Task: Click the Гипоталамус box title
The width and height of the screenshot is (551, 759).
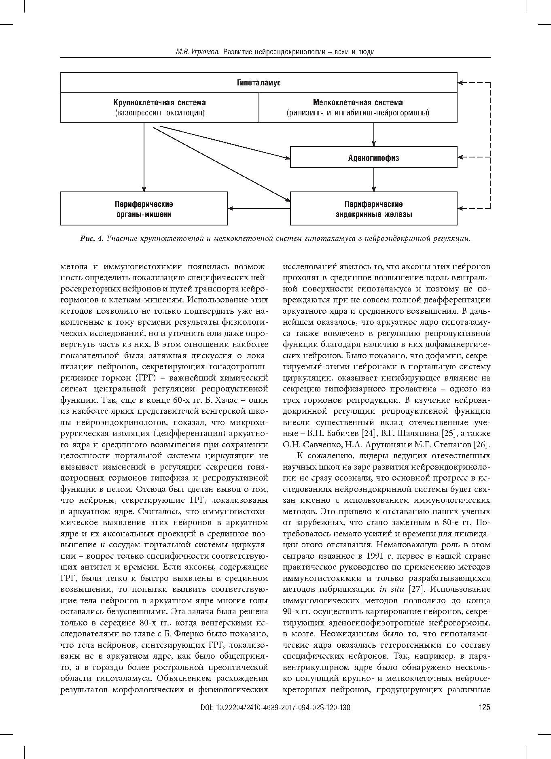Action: pyautogui.click(x=259, y=83)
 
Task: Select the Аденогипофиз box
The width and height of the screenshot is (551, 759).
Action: pyautogui.click(x=373, y=157)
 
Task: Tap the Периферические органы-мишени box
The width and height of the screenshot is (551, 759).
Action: pyautogui.click(x=144, y=209)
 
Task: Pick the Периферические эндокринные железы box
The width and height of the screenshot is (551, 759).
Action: pyautogui.click(x=373, y=209)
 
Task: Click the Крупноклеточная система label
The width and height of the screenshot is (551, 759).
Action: pyautogui.click(x=159, y=103)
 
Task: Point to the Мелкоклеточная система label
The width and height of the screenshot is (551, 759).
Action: pyautogui.click(x=358, y=103)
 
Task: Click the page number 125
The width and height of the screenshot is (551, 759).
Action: pyautogui.click(x=484, y=719)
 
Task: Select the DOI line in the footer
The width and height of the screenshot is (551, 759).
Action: pyautogui.click(x=275, y=719)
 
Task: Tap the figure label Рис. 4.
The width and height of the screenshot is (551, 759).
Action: pyautogui.click(x=92, y=238)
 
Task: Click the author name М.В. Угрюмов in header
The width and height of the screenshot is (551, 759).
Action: pyautogui.click(x=197, y=52)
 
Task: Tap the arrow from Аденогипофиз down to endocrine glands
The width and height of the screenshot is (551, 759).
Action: pyautogui.click(x=373, y=180)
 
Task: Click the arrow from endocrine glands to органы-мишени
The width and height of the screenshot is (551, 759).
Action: pyautogui.click(x=259, y=209)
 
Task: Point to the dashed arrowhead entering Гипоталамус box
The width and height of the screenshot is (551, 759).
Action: pyautogui.click(x=461, y=83)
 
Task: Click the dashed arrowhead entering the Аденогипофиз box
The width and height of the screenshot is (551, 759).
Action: pyautogui.click(x=461, y=157)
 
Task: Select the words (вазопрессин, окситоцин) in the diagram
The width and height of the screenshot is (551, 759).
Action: pyautogui.click(x=159, y=113)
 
